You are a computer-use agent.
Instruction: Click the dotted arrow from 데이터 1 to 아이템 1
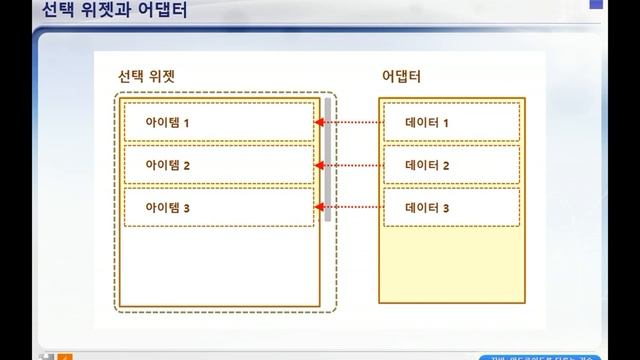(x=350, y=123)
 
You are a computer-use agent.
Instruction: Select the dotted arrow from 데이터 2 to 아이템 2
(x=350, y=165)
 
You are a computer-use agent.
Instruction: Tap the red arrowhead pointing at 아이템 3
(x=319, y=208)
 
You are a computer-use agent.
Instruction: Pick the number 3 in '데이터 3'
(x=446, y=208)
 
